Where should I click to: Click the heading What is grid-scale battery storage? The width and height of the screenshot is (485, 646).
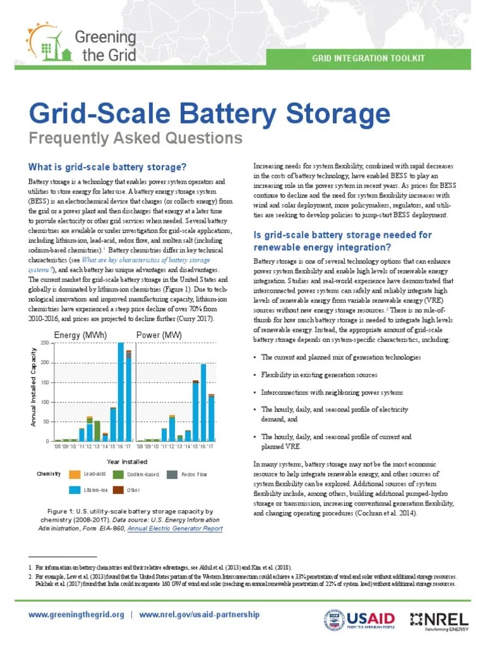(x=107, y=167)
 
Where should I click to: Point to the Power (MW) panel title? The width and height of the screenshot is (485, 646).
(x=159, y=334)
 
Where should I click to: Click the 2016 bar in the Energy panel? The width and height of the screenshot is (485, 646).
(x=121, y=391)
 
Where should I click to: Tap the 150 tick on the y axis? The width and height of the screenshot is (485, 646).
(x=44, y=382)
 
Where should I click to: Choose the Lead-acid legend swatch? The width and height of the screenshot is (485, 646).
(x=75, y=474)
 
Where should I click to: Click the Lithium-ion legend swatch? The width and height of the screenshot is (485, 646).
(x=75, y=490)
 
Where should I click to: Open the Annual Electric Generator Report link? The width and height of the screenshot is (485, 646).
(x=175, y=529)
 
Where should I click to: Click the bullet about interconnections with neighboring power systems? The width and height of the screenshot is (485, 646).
(x=332, y=392)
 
